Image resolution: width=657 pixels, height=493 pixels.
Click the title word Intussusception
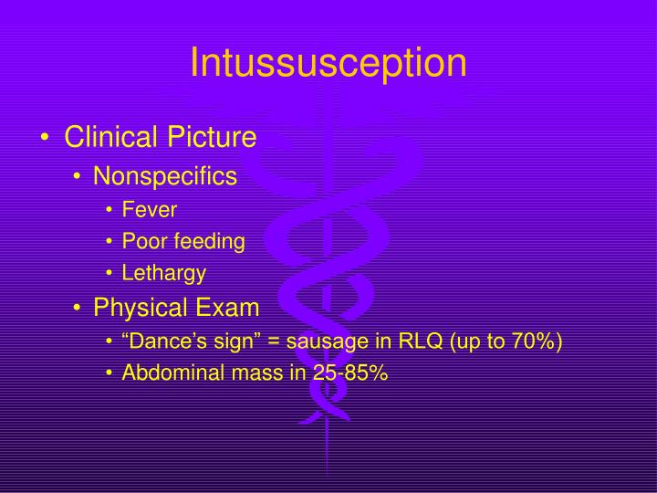pos(328,62)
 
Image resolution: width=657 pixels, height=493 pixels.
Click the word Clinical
pos(113,138)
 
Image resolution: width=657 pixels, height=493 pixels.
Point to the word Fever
pos(150,210)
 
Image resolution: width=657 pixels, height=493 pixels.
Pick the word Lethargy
pos(164,273)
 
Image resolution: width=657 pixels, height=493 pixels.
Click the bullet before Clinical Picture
pos(46,139)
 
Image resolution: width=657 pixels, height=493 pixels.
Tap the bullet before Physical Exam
pos(79,309)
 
